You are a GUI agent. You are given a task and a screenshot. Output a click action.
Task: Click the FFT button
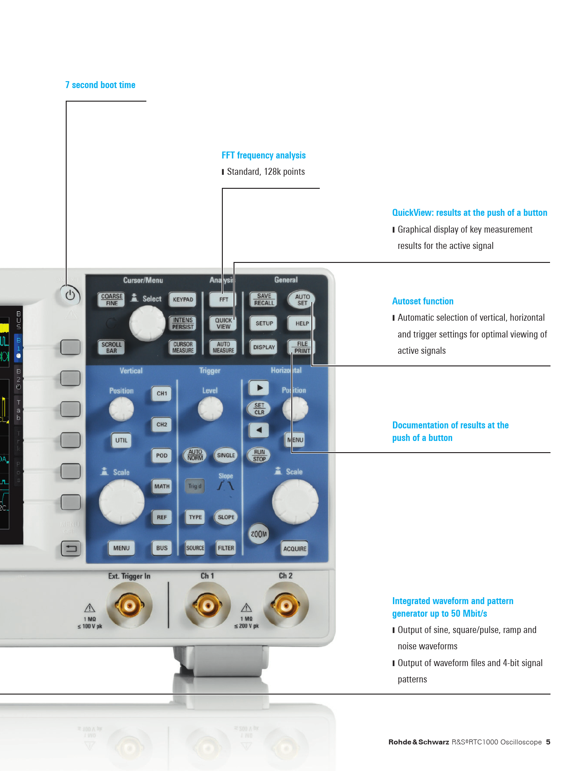(x=223, y=300)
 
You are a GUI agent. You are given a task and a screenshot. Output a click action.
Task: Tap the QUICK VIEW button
(x=223, y=323)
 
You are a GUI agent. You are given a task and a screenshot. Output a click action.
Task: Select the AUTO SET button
(x=302, y=300)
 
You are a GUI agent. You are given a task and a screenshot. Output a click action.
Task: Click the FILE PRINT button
(x=302, y=347)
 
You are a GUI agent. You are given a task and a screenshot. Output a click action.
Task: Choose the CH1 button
(x=162, y=393)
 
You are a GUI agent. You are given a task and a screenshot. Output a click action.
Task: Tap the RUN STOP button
(x=259, y=455)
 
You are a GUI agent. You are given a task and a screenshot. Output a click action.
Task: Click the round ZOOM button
(x=258, y=534)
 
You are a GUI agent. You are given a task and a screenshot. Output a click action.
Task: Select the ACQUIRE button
(x=295, y=549)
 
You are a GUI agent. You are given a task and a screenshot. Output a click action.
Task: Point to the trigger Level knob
(x=210, y=408)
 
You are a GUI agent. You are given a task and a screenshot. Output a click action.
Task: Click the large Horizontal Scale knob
(x=295, y=502)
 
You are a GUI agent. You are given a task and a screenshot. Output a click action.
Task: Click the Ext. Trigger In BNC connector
(x=130, y=606)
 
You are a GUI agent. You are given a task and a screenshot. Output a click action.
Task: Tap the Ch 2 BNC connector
(x=286, y=606)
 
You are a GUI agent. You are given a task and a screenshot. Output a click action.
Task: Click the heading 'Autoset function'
(x=423, y=301)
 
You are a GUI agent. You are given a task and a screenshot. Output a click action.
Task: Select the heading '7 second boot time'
(x=100, y=85)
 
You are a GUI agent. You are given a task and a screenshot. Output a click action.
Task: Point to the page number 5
(x=548, y=742)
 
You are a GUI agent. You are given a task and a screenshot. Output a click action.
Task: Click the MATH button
(x=162, y=487)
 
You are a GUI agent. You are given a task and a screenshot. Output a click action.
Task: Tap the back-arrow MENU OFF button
(x=71, y=548)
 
